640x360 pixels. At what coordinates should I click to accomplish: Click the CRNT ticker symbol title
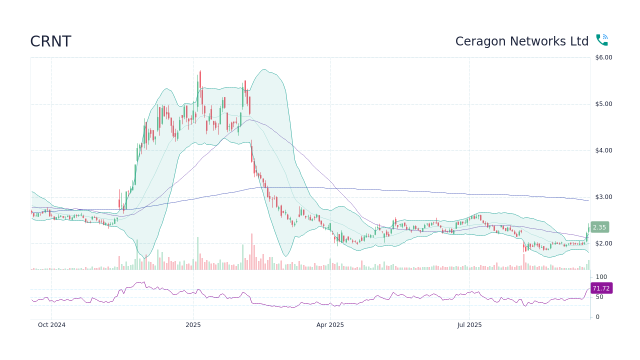[x=50, y=41]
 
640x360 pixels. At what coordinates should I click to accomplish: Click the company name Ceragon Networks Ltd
[x=521, y=41]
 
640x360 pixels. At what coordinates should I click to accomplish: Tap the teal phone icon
[x=601, y=40]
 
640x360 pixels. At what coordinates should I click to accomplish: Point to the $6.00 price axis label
[x=603, y=57]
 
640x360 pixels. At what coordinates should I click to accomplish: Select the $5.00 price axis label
[x=603, y=104]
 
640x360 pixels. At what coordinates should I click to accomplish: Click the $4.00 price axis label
[x=603, y=150]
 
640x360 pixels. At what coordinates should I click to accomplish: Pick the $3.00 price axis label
[x=603, y=197]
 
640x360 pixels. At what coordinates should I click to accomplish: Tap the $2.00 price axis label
[x=603, y=243]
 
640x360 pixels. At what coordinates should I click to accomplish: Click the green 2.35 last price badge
[x=599, y=227]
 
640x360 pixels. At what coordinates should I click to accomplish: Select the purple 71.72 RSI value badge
[x=601, y=288]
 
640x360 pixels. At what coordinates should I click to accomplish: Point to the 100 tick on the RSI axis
[x=601, y=277]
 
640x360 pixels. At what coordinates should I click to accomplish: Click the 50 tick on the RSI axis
[x=599, y=297]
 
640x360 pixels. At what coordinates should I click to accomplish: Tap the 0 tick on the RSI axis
[x=597, y=317]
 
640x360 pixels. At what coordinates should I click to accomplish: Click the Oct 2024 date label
[x=51, y=325]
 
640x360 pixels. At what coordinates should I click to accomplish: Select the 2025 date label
[x=193, y=325]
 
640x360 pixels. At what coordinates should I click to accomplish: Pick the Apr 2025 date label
[x=330, y=325]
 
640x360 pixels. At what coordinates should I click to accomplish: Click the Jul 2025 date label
[x=469, y=325]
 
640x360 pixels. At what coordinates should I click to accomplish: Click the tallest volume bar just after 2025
[x=197, y=253]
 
